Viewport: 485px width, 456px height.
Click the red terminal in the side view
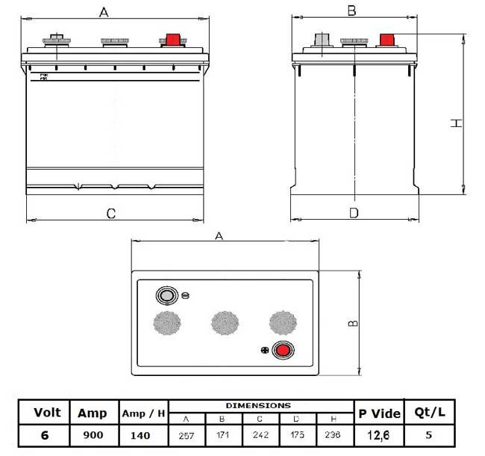(x=387, y=40)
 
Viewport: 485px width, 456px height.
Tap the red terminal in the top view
(x=282, y=350)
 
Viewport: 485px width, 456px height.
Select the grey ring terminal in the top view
(x=166, y=295)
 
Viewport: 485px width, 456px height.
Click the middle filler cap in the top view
(x=225, y=322)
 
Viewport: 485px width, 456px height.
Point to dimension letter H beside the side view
(x=457, y=123)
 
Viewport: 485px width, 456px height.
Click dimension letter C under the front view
(x=110, y=214)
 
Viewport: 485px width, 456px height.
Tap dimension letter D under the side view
(x=354, y=213)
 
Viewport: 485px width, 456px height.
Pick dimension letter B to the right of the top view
(x=354, y=323)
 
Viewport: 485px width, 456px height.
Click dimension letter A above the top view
(x=219, y=235)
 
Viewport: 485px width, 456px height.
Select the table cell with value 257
(x=187, y=434)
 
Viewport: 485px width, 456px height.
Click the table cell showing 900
(x=92, y=434)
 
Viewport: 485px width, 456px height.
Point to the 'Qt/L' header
(x=429, y=412)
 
